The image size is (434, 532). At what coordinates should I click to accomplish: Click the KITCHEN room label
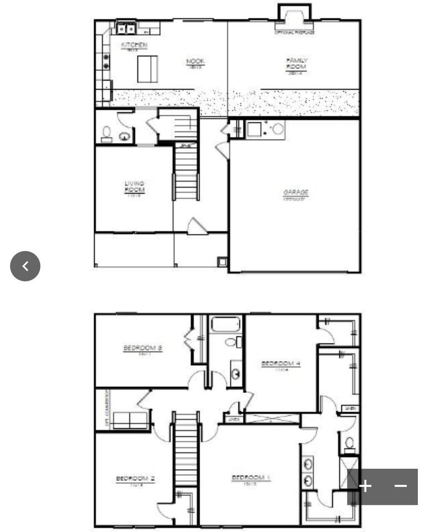[134, 45]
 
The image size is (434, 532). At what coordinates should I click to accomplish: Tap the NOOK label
[195, 62]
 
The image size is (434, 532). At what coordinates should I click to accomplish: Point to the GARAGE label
[296, 193]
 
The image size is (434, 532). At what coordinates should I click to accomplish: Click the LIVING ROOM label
[134, 187]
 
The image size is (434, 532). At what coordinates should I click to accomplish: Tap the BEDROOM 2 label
[135, 479]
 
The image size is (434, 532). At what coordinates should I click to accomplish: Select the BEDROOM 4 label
[280, 364]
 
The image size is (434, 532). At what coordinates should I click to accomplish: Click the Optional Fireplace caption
[294, 33]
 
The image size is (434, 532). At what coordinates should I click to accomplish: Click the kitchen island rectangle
[147, 69]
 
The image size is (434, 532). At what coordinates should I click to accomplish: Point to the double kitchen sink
[126, 27]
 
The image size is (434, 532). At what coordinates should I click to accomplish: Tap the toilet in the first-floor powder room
[106, 133]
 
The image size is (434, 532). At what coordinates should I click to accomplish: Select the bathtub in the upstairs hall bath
[226, 324]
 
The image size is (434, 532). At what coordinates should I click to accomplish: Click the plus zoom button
[365, 486]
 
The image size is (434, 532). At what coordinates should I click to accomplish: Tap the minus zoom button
[401, 486]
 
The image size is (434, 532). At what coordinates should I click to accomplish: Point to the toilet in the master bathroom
[350, 443]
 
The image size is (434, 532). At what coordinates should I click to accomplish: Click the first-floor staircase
[186, 171]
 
